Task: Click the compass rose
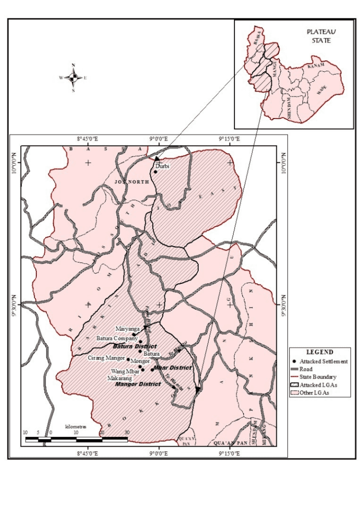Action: click(x=73, y=77)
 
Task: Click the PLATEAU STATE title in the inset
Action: click(x=319, y=36)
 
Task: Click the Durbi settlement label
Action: click(x=162, y=166)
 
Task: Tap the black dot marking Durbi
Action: click(x=155, y=172)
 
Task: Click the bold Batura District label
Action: click(x=134, y=346)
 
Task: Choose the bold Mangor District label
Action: click(x=138, y=384)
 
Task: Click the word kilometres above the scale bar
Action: click(x=76, y=427)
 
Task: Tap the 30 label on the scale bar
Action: click(x=127, y=432)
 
